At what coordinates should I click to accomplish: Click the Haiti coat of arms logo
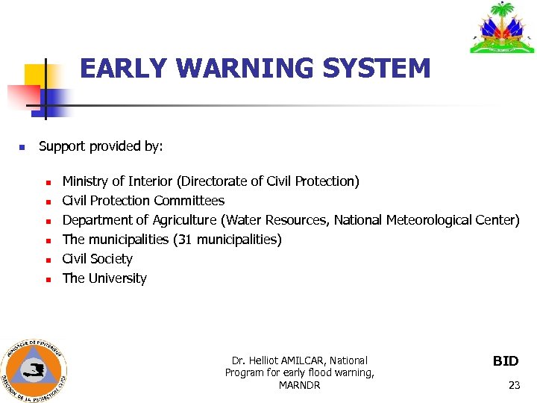point(502,28)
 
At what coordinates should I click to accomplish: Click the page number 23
point(514,385)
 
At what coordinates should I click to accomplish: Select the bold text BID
point(506,361)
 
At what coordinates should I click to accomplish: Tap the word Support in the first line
point(62,147)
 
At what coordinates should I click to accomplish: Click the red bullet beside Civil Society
point(47,260)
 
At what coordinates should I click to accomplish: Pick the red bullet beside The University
point(47,279)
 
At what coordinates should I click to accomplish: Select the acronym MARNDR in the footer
point(300,385)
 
